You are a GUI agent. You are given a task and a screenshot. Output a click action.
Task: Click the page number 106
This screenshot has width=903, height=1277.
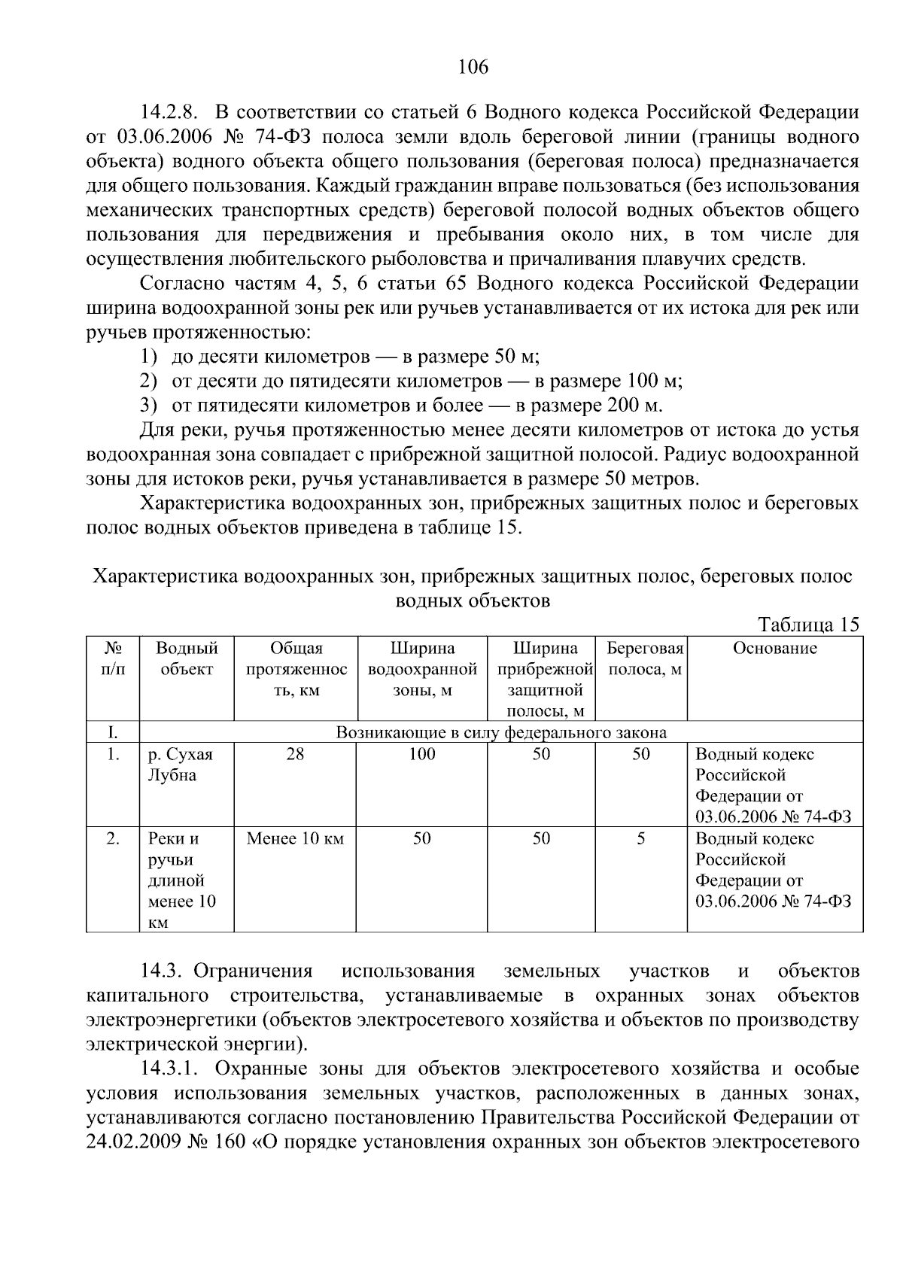click(x=473, y=67)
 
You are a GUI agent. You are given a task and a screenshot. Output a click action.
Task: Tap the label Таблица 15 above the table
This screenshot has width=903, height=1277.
click(x=808, y=625)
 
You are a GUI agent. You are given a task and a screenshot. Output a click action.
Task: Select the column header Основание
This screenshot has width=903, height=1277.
click(x=774, y=649)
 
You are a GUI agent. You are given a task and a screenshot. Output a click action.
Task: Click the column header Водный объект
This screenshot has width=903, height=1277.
click(x=187, y=659)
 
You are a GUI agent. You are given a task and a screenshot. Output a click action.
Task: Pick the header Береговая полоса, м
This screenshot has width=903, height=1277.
click(x=644, y=659)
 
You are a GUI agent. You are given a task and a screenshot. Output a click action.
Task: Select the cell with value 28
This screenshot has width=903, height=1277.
click(x=295, y=755)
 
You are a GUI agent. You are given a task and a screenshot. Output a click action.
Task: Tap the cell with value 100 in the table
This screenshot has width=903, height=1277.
click(x=421, y=755)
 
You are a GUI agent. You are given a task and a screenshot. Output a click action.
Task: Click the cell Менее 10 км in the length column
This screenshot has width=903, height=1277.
click(x=295, y=839)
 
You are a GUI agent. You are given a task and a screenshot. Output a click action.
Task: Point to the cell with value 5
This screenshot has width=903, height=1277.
click(x=640, y=839)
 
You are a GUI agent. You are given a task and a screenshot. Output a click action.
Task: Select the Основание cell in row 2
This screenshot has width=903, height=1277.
click(x=773, y=870)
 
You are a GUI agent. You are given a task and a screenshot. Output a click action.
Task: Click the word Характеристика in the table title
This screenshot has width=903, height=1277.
click(x=164, y=576)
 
